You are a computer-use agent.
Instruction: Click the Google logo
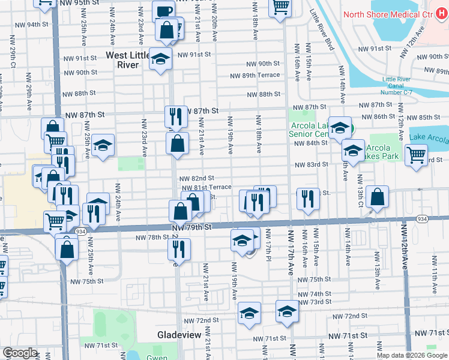coord(20,353)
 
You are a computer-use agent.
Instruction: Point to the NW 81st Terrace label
coord(206,187)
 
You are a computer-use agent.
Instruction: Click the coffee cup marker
coord(163,11)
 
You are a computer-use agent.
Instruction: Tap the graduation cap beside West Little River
coord(160,59)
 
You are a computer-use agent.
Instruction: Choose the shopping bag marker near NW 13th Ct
coord(376,197)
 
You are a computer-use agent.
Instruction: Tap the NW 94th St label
coord(37,25)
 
